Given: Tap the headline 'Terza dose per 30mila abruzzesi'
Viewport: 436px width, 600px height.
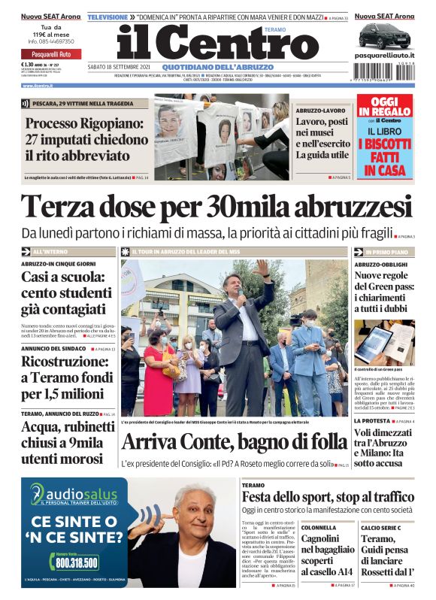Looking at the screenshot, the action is tap(216, 206).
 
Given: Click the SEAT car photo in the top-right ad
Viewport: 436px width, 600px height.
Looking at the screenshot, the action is tap(384, 35).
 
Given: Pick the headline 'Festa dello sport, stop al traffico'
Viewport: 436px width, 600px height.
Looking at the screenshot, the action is tap(328, 497).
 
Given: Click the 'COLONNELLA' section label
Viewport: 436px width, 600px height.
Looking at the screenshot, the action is tap(319, 528).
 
